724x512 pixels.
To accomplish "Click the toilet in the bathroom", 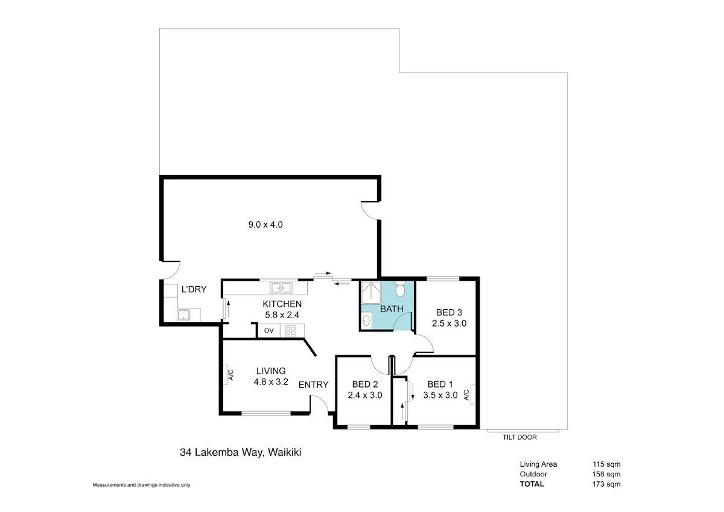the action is coord(400,289).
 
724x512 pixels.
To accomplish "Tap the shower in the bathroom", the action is coord(371,292).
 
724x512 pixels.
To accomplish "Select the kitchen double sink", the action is coord(281,287).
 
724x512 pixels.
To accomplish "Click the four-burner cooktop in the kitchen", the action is coord(290,331).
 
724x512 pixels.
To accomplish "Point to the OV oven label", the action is coord(268,330).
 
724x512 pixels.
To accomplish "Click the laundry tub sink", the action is coord(183,315).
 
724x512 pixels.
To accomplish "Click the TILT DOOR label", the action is coord(519,437).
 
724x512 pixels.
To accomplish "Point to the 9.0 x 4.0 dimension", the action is coord(265,225).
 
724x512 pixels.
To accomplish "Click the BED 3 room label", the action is coord(449,312).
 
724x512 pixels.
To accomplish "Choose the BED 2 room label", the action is coord(365,384).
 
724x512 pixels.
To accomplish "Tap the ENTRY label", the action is coord(313,385).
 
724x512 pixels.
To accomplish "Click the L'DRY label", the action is coord(194,289).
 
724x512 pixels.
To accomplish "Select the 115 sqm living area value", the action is coord(606,464).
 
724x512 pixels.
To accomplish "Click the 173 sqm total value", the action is coord(606,484).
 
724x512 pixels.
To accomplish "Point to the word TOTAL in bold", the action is coord(532,484).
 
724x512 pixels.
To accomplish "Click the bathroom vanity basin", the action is coord(366,321).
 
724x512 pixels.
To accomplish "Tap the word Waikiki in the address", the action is coord(285,452).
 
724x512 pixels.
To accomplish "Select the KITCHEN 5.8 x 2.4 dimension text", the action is coord(282,315).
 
